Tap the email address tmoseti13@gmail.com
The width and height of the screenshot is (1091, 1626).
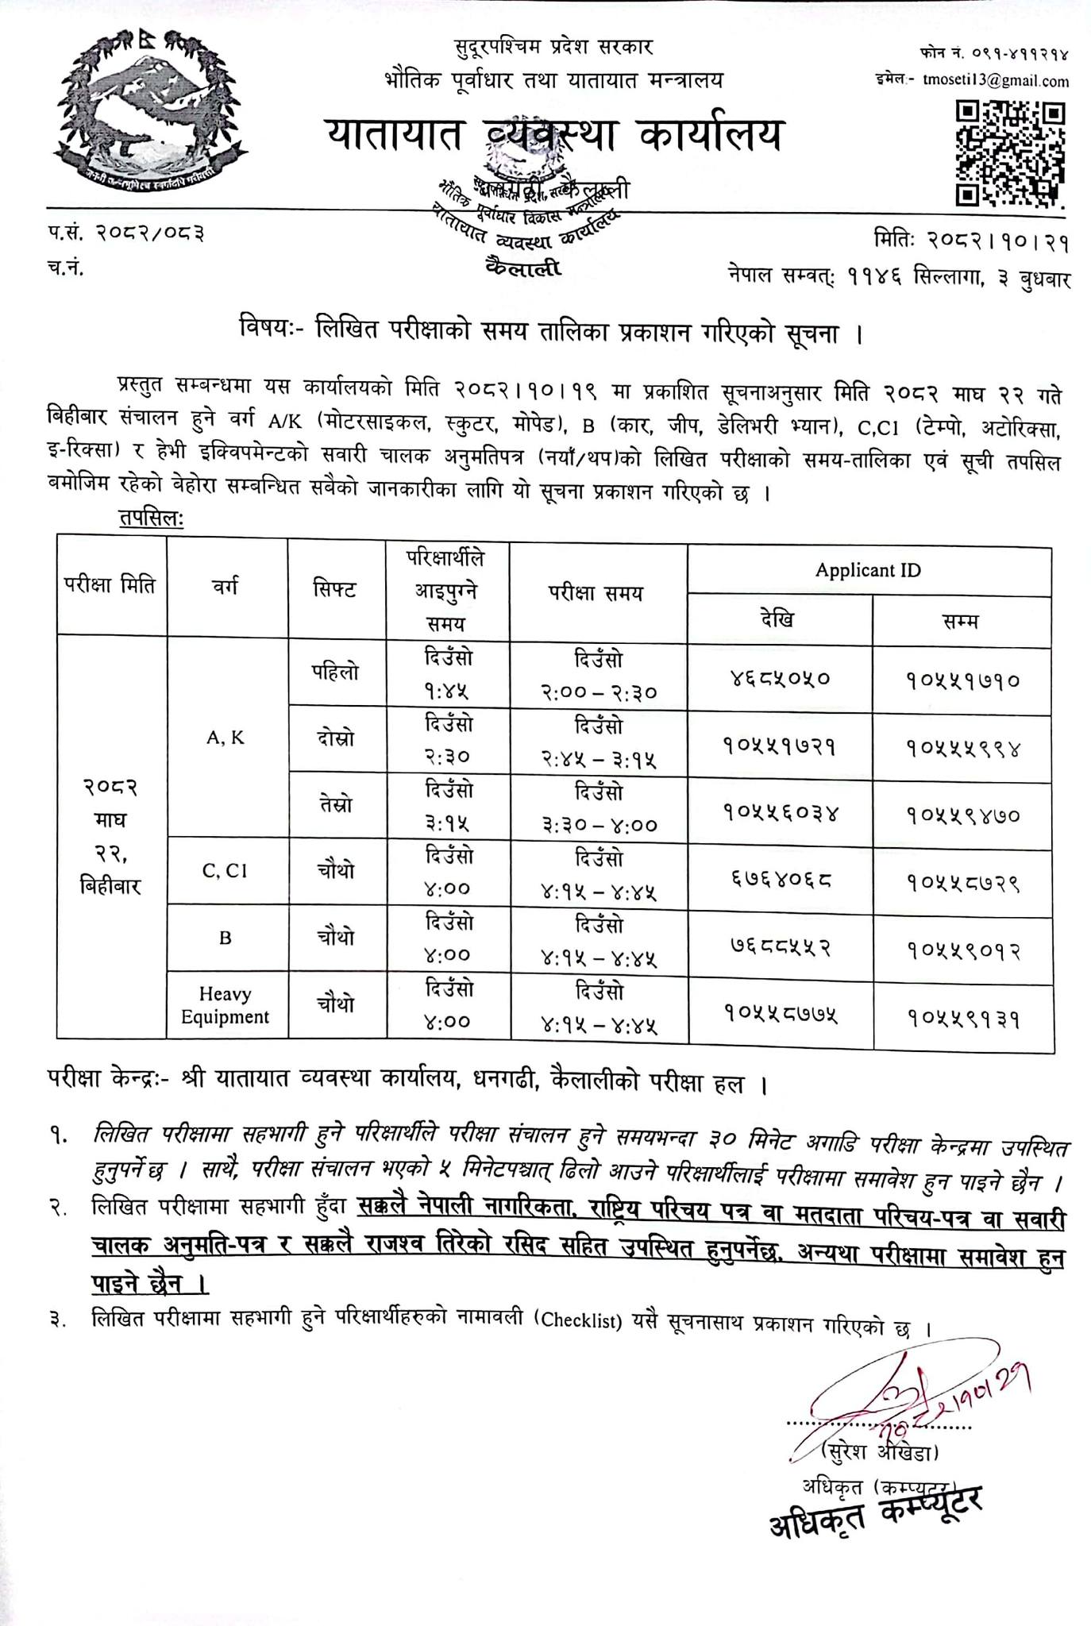coord(996,81)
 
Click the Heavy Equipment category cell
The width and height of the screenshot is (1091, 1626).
coord(226,1005)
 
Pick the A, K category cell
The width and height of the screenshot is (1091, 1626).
coord(226,738)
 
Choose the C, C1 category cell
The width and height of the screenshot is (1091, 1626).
coord(226,871)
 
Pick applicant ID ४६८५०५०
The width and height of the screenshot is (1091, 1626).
coord(780,679)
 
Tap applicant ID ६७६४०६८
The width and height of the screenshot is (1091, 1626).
coord(780,880)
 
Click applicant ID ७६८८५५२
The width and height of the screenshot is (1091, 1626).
coord(780,947)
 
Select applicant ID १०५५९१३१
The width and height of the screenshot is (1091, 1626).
coord(963,1015)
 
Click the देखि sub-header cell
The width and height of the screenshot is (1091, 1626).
coord(780,619)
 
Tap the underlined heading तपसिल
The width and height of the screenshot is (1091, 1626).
coord(151,518)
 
